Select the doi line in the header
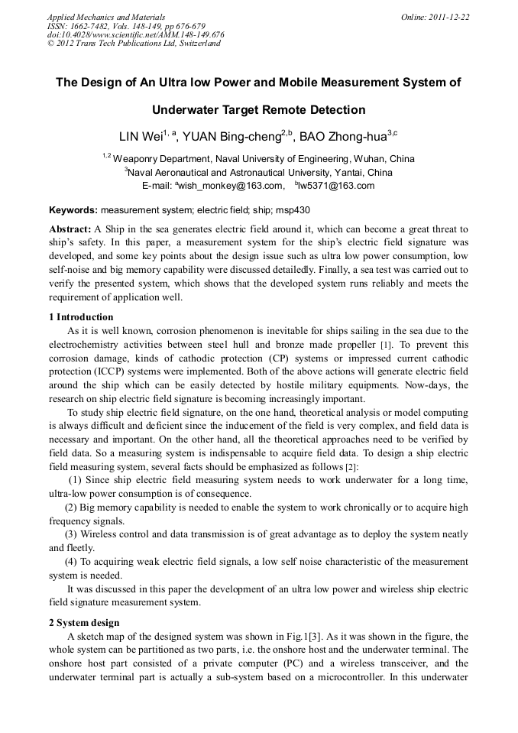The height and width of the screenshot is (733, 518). pos(135,34)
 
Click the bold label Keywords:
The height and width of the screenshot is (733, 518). pos(73,209)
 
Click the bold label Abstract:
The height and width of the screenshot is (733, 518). pos(70,229)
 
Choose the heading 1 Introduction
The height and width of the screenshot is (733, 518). pos(81,316)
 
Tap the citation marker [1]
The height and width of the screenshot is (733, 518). pos(387,345)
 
